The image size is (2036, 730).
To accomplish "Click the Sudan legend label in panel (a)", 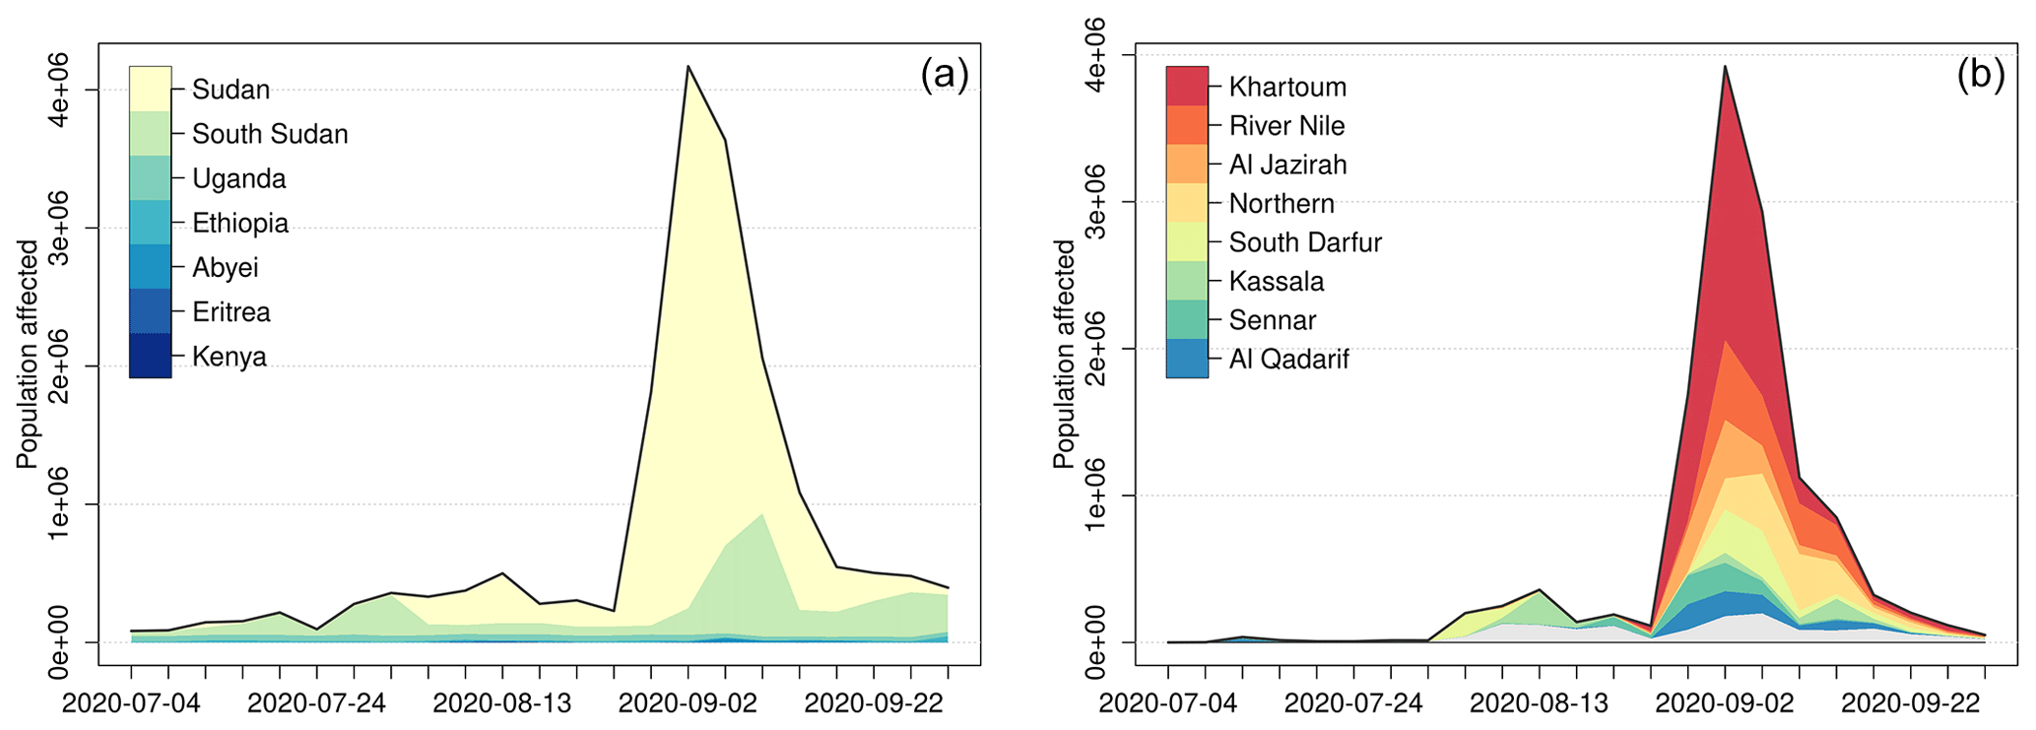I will pos(230,90).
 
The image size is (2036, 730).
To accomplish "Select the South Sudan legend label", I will pos(270,134).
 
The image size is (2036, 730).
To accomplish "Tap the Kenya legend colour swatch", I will pos(150,356).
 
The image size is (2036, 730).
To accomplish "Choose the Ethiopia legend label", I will pos(240,224).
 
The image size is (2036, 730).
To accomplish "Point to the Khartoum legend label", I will pos(1287,87).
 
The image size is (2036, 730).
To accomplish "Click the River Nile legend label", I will pos(1286,126).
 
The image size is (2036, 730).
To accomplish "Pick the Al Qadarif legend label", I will pos(1288,360).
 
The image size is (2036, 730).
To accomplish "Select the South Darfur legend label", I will pos(1305,242).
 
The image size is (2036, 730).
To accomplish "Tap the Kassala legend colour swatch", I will pos(1187,281).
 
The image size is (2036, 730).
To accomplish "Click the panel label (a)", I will pos(945,74).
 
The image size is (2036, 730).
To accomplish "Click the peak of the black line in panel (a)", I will pos(688,66).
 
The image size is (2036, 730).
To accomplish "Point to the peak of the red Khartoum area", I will pos(1725,67).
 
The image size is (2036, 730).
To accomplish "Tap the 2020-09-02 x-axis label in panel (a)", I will pos(688,703).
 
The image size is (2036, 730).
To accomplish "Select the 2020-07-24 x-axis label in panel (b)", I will pos(1353,703).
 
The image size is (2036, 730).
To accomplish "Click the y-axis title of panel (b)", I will pos(1064,355).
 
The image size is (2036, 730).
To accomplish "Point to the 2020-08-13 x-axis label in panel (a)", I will pos(502,703).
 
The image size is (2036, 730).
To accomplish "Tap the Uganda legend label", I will pos(239,179).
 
